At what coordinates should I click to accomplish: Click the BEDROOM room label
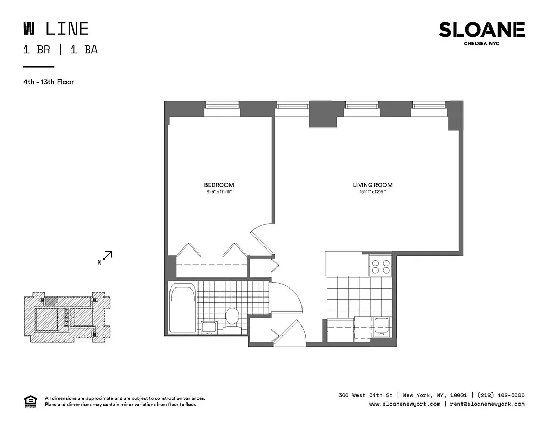tap(219, 185)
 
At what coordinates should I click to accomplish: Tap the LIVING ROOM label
tap(372, 185)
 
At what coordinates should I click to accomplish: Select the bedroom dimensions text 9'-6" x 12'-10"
tap(219, 192)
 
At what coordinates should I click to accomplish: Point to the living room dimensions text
tap(372, 192)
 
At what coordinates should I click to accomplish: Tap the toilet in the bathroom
tap(232, 318)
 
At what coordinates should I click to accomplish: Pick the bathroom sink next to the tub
tap(209, 327)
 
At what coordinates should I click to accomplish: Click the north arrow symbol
tap(107, 256)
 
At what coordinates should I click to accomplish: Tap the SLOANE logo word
tap(482, 30)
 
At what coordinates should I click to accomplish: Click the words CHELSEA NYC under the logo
tap(482, 44)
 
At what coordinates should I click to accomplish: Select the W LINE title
tap(55, 28)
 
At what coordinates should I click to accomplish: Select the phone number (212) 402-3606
tap(501, 395)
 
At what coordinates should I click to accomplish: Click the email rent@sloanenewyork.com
tap(487, 404)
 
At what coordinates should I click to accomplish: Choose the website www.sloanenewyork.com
tap(404, 404)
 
